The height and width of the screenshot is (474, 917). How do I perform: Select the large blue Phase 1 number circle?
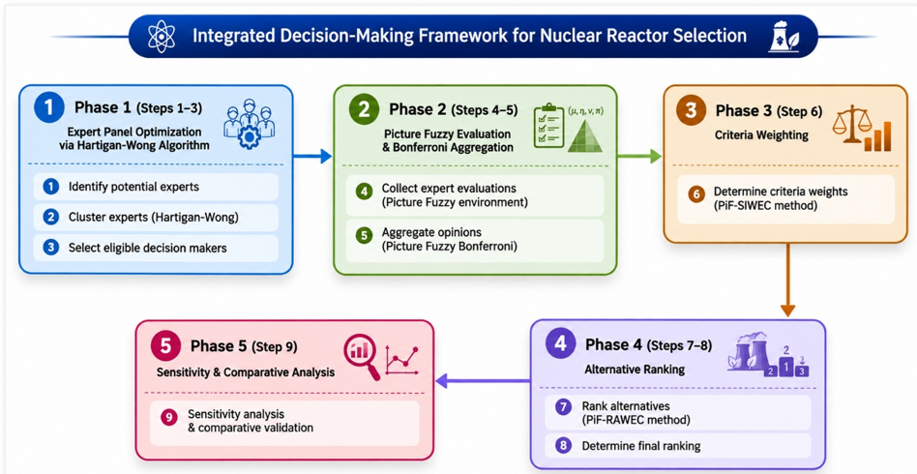[x=49, y=107]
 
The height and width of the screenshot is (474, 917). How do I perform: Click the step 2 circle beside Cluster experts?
[x=51, y=217]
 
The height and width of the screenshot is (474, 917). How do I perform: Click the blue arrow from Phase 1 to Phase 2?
[x=312, y=157]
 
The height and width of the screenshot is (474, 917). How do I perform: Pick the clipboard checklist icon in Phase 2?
[x=549, y=125]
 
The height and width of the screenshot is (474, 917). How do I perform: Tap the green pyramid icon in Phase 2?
[x=585, y=133]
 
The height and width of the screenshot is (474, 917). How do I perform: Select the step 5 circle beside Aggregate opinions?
[x=365, y=235]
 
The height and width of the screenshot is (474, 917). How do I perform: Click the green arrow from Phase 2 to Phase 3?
[x=639, y=157]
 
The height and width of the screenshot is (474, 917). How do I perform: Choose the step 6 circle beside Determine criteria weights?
[x=695, y=193]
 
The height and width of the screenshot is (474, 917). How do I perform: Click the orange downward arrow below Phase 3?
[x=787, y=280]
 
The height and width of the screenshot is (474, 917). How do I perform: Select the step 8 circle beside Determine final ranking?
[x=563, y=446]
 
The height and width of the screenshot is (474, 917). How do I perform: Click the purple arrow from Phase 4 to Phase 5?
[x=483, y=381]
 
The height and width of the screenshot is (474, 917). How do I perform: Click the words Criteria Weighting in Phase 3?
[x=761, y=135]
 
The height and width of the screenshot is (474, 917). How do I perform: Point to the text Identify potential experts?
[x=133, y=188]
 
